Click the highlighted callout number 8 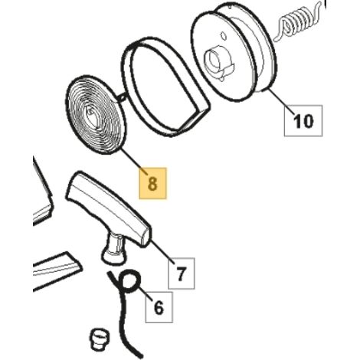pos(152,183)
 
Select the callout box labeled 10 pos(303,120)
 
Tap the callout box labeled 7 pos(181,273)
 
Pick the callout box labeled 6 pos(159,307)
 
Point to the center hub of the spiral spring pos(91,116)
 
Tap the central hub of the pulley pos(217,61)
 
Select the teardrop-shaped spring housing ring pos(165,90)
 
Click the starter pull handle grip pos(110,209)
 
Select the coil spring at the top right pos(297,21)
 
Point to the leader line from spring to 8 pos(134,162)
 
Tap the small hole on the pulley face pos(224,35)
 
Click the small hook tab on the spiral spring pos(121,97)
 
